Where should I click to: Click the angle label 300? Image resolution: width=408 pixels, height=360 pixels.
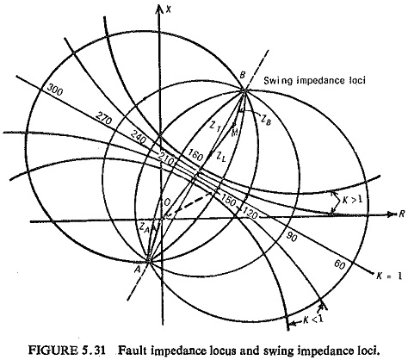click(54, 90)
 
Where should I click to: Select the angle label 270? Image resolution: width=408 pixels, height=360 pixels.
click(103, 118)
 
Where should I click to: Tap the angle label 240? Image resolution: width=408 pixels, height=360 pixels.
click(139, 138)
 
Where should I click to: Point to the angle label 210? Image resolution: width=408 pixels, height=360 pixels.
click(165, 159)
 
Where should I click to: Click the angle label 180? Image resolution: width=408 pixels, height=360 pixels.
click(195, 155)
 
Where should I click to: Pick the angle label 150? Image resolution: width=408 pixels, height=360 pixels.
click(228, 200)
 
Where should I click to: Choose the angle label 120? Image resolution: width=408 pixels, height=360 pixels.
click(250, 213)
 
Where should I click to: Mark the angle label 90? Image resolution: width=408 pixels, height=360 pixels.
click(291, 237)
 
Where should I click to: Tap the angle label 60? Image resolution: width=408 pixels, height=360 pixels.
click(340, 265)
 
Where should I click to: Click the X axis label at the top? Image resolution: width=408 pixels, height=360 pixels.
click(169, 9)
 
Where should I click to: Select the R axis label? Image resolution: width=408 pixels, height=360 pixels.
click(400, 214)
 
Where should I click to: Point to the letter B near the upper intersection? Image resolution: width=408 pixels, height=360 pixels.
click(243, 76)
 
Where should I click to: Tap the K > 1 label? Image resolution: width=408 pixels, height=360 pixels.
click(352, 200)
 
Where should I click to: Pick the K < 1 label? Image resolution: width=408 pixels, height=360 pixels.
click(313, 320)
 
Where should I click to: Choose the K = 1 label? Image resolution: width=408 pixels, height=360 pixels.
click(389, 276)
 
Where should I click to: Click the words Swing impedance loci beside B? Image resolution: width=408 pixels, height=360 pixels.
click(315, 80)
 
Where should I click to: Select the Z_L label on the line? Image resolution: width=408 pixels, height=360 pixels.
click(221, 157)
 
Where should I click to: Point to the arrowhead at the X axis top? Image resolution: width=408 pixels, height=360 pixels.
click(159, 9)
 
